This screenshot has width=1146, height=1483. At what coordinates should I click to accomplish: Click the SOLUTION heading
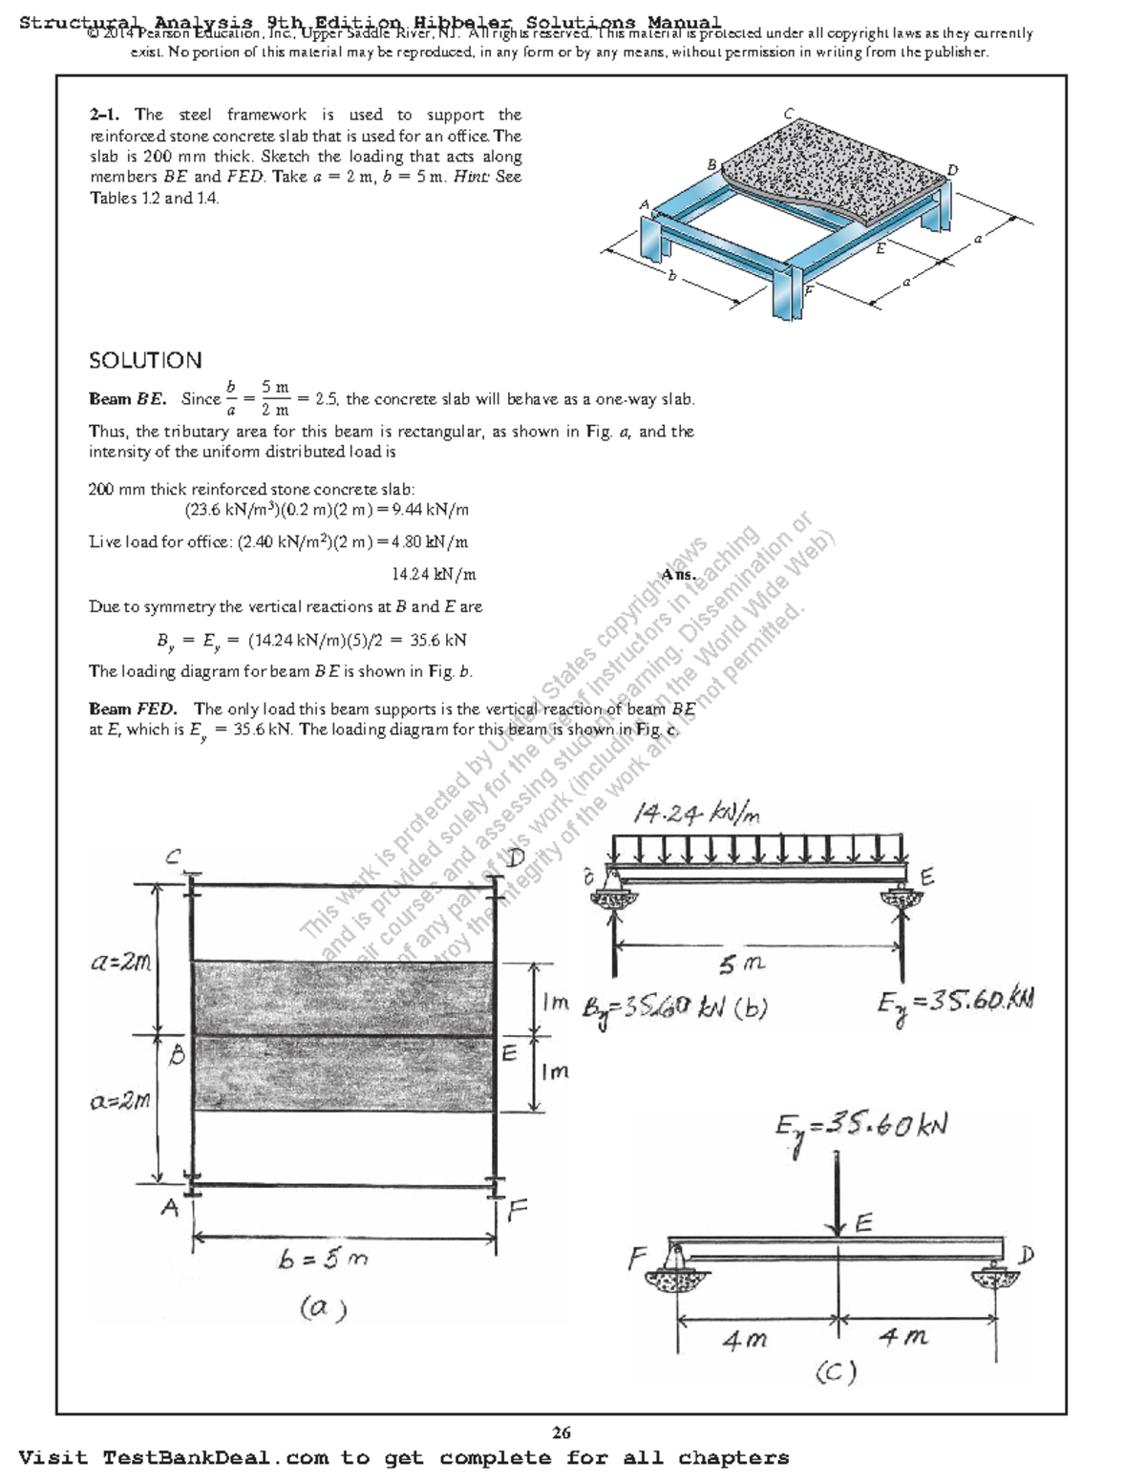[145, 361]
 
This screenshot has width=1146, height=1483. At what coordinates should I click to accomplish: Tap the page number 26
[562, 1431]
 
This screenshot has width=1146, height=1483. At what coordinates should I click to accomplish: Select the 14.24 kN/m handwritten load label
[697, 814]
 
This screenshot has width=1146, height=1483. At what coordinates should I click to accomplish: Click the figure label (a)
[323, 1306]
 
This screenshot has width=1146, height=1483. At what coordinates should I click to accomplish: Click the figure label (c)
[836, 1372]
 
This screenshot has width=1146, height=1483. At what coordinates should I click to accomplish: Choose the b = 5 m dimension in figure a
[323, 1260]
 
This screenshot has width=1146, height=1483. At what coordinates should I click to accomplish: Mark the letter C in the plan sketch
[173, 858]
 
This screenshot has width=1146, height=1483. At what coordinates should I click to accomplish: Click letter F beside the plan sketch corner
[517, 1212]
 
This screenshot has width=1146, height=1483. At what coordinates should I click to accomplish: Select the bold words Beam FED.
[133, 709]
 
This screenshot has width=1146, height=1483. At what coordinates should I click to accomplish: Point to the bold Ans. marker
[679, 575]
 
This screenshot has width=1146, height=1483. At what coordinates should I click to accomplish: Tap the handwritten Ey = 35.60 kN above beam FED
[860, 1128]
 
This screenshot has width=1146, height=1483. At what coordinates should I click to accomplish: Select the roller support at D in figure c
[996, 1270]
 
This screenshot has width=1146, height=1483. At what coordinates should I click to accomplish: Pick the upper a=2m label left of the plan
[120, 963]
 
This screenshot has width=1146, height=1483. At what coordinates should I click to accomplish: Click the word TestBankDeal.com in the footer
[215, 1458]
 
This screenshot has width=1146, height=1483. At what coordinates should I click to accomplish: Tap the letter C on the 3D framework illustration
[789, 113]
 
